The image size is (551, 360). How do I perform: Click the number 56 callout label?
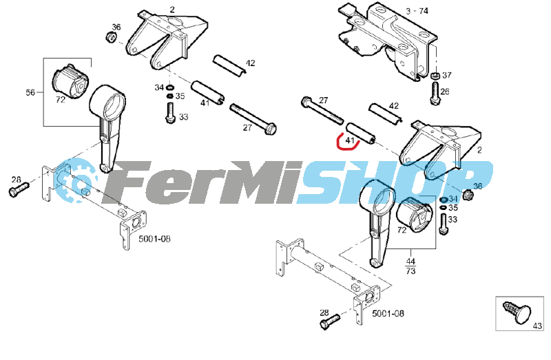tap(30, 92)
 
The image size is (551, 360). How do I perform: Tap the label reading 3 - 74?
tap(417, 11)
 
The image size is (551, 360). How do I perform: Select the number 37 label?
tap(446, 75)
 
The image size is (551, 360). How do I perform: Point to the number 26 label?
tap(444, 92)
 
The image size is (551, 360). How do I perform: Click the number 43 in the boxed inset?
tap(537, 326)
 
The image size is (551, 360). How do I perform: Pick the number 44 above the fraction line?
tap(410, 262)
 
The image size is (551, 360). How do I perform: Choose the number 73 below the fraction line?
tap(410, 271)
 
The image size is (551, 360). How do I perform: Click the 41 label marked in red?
tap(350, 140)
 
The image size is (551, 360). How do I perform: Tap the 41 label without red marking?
tap(205, 103)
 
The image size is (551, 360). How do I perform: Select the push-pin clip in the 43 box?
tap(517, 311)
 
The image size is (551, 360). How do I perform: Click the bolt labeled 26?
tap(435, 94)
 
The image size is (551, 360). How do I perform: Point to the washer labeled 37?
tap(435, 76)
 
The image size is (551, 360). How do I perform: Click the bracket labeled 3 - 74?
tap(388, 41)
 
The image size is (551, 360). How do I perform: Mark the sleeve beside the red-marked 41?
tap(361, 134)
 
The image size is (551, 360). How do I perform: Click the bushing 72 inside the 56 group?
tap(71, 81)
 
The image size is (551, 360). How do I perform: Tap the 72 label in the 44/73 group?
tap(402, 230)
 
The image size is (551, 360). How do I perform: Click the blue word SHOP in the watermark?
tap(393, 182)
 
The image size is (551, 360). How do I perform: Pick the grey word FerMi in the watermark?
tap(204, 182)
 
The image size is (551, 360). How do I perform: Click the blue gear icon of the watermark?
tap(75, 180)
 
